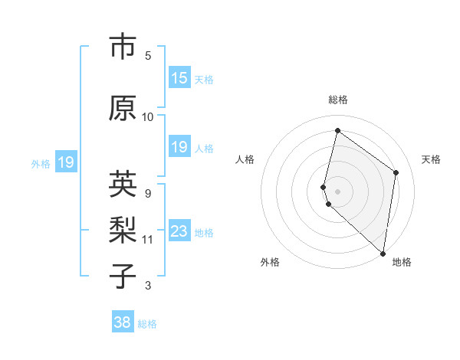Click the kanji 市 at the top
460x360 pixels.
123,47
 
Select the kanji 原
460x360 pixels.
123,108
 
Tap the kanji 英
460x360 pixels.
123,184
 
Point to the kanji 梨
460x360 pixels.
123,231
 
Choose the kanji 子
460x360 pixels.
123,277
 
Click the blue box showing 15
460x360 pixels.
179,79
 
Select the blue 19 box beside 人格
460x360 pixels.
179,148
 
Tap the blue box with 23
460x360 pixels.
179,232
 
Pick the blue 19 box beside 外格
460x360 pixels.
66,162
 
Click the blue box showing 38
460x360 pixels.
122,322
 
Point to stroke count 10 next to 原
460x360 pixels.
148,116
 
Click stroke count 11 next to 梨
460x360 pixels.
148,239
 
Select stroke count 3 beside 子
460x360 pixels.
148,286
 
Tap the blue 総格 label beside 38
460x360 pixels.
147,324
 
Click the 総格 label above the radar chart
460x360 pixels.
337,100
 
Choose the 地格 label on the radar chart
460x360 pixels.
402,262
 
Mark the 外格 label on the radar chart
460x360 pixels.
270,262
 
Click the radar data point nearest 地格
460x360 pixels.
383,253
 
